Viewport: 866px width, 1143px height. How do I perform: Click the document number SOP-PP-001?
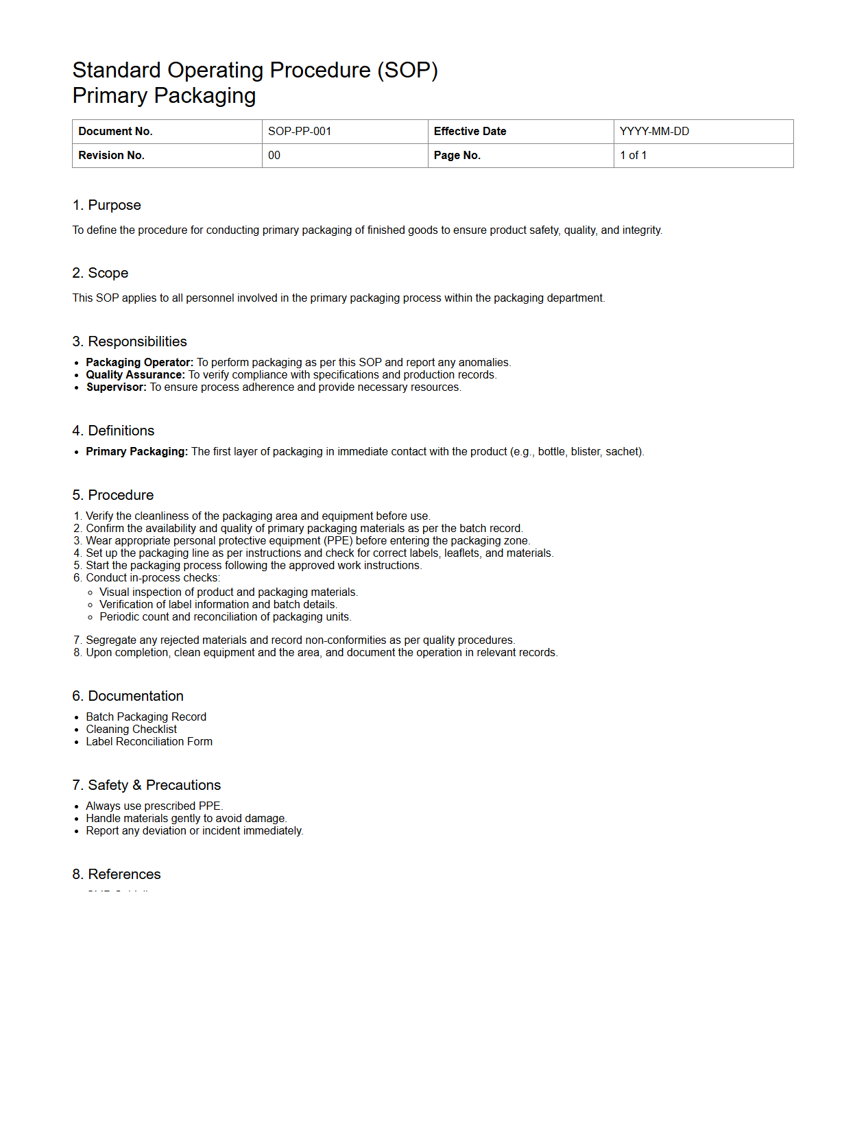300,132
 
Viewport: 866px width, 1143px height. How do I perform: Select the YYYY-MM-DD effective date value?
654,132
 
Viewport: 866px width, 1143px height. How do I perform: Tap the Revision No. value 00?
274,156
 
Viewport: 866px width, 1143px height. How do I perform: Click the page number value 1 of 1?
633,156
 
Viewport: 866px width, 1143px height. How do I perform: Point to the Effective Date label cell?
470,132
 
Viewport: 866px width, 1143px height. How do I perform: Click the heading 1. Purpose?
106,205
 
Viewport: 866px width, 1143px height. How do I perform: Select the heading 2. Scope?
100,273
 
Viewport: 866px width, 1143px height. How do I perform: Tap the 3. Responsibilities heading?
130,341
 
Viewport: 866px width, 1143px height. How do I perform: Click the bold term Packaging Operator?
139,363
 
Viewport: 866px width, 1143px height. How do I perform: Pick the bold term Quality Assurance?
135,375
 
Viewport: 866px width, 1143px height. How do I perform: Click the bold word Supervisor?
116,387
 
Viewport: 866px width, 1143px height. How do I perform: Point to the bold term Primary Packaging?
136,452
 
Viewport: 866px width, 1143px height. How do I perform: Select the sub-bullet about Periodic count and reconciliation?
225,617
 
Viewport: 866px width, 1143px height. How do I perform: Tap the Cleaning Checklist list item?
131,730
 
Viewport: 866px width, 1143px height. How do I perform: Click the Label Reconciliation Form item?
149,742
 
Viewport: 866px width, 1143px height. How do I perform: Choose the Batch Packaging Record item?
146,717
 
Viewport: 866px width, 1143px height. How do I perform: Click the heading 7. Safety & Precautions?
147,785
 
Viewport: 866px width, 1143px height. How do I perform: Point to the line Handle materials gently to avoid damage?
186,819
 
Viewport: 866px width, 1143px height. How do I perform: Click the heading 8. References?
117,874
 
